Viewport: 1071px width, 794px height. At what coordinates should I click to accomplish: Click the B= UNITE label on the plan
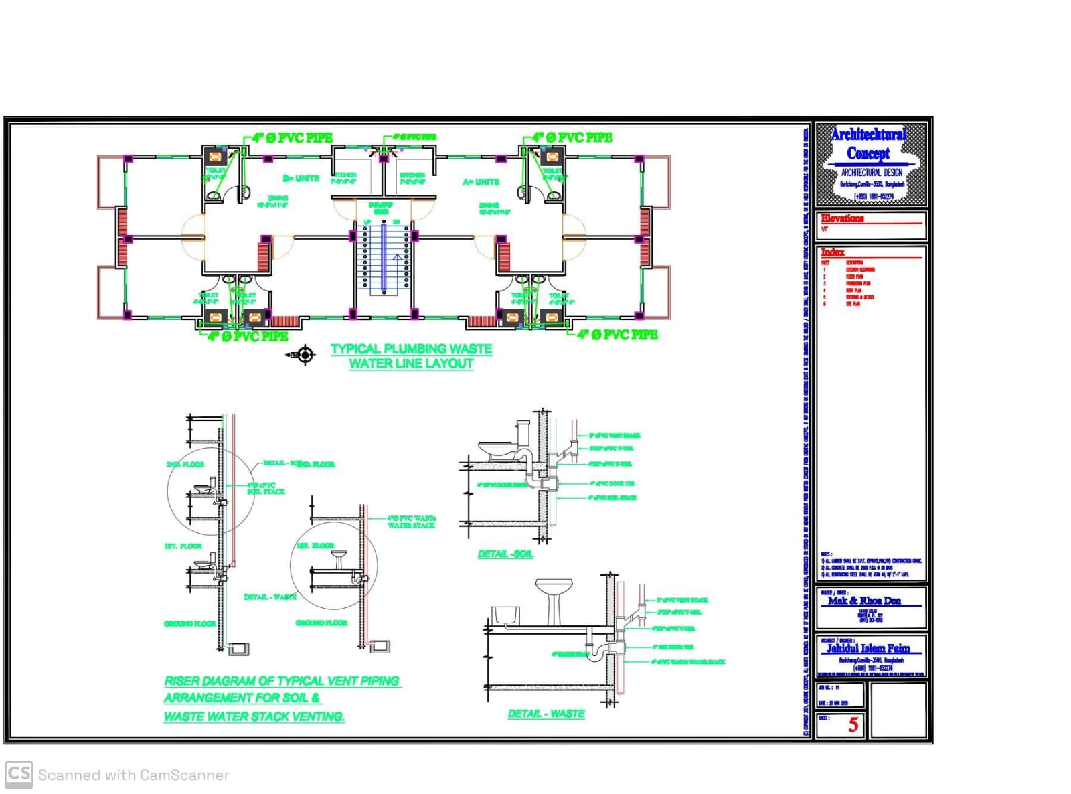point(301,179)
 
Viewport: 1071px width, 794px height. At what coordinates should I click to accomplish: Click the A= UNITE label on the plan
point(481,182)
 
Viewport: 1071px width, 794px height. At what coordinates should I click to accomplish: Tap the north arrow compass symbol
point(305,355)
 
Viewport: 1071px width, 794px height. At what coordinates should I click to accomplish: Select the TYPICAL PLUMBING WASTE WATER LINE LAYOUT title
point(411,356)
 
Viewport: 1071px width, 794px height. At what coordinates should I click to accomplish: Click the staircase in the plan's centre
point(384,258)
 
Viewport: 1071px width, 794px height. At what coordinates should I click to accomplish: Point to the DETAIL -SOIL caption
point(505,554)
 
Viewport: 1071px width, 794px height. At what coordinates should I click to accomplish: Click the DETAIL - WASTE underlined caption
point(546,714)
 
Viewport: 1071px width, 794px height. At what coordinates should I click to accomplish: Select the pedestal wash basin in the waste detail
point(554,598)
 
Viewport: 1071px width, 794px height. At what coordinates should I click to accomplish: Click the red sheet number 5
point(853,724)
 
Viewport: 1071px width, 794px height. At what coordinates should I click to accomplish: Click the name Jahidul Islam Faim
point(868,648)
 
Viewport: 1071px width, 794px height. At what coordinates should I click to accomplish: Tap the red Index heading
point(833,252)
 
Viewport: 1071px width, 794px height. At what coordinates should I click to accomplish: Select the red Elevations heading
point(842,218)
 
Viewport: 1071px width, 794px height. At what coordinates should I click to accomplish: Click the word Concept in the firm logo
point(868,153)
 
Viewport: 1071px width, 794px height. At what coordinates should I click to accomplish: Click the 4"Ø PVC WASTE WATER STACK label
point(411,522)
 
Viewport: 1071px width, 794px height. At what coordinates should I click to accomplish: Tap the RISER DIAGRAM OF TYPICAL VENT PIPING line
point(282,681)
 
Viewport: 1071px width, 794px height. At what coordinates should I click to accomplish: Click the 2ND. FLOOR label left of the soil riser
point(185,464)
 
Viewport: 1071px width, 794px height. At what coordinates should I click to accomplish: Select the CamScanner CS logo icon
point(19,774)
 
